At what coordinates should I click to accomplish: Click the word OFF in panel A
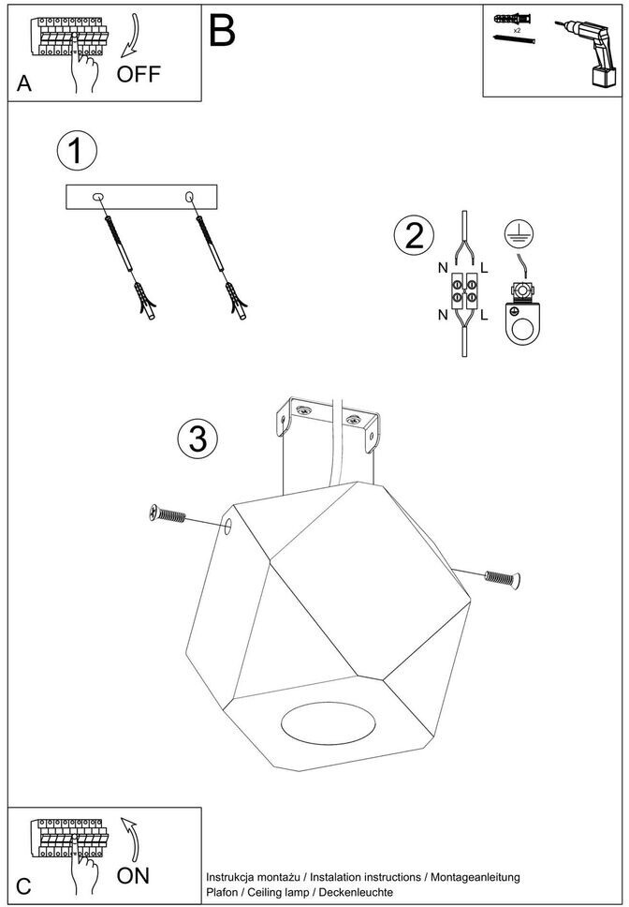click(139, 75)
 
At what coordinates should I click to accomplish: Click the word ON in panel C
click(133, 877)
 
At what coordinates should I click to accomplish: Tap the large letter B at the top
click(222, 31)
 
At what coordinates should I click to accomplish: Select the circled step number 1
click(76, 151)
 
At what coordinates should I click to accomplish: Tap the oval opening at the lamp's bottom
click(329, 726)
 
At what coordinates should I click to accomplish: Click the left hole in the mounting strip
click(98, 197)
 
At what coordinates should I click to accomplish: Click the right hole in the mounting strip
click(191, 197)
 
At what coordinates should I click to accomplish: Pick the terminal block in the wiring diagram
click(464, 290)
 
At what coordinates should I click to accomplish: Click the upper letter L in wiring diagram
click(484, 268)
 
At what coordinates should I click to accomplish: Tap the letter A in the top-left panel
click(24, 84)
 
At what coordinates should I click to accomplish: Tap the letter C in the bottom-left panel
click(24, 885)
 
